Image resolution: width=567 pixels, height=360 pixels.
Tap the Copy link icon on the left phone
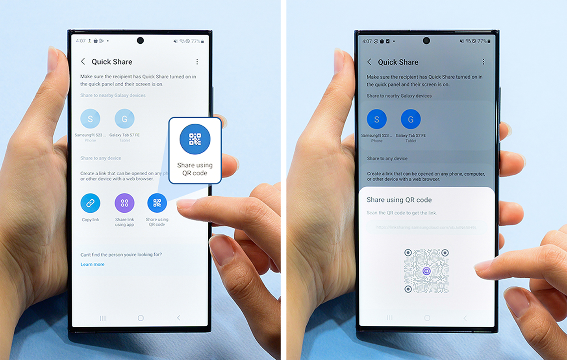[90, 203]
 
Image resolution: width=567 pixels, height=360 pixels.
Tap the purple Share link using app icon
[124, 203]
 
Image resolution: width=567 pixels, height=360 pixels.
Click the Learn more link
[93, 265]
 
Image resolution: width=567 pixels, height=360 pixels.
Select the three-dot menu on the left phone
[197, 62]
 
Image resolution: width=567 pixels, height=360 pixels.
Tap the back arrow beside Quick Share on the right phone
[369, 62]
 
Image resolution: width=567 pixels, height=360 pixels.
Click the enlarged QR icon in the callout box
[195, 139]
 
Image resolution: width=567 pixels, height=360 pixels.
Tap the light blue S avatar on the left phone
[90, 119]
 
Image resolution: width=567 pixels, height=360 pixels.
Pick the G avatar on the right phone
[411, 119]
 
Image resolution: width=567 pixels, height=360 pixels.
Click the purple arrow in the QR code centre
[426, 271]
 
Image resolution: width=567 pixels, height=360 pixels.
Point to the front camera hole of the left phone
[140, 41]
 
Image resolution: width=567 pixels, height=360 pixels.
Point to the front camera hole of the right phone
[426, 41]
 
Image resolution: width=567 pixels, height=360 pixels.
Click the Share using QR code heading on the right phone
[399, 200]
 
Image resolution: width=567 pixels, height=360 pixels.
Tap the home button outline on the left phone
[141, 318]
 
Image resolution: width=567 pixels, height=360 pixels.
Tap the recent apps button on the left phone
[103, 318]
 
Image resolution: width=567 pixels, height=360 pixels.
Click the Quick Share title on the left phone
[112, 62]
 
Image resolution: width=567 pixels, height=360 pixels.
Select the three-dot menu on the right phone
[484, 62]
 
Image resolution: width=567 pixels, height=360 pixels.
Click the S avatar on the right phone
[377, 119]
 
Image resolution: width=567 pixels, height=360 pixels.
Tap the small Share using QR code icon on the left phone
[157, 203]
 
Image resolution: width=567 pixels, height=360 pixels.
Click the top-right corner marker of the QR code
[445, 253]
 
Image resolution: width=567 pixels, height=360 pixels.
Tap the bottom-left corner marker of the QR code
[408, 289]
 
